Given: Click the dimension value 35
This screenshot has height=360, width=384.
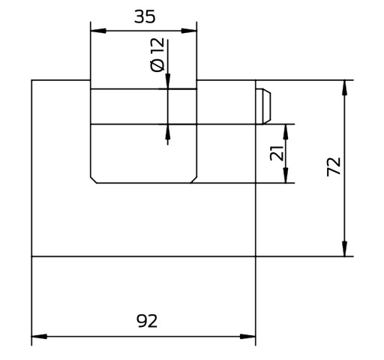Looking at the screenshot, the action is pyautogui.click(x=145, y=17).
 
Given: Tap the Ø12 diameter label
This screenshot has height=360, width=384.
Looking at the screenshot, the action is pyautogui.click(x=157, y=55).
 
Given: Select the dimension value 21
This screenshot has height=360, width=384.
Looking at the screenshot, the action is pyautogui.click(x=277, y=153).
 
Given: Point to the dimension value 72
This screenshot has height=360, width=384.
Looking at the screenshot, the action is pyautogui.click(x=334, y=166).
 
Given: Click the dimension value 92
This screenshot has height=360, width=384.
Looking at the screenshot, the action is pyautogui.click(x=147, y=321).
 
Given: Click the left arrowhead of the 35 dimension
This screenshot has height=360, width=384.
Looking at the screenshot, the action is pyautogui.click(x=98, y=31).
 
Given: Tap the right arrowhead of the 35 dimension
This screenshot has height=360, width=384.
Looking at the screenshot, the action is pyautogui.click(x=189, y=31).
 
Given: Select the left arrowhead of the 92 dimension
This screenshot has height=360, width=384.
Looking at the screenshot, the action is pyautogui.click(x=39, y=336).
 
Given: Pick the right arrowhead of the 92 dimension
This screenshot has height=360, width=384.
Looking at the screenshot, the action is pyautogui.click(x=247, y=336).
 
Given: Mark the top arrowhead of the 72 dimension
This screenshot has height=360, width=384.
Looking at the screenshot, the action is pyautogui.click(x=344, y=88).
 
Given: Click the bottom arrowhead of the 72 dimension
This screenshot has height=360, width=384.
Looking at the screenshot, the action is pyautogui.click(x=344, y=248).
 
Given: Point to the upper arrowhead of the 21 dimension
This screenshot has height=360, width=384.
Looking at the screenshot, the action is pyautogui.click(x=286, y=132).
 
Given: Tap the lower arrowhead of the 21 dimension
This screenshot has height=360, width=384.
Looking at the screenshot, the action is pyautogui.click(x=286, y=175).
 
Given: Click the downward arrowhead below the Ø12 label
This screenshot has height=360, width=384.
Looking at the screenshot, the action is pyautogui.click(x=168, y=81).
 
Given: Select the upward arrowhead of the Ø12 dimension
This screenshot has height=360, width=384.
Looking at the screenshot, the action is pyautogui.click(x=168, y=132).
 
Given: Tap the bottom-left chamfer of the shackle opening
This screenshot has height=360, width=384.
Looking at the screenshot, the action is pyautogui.click(x=94, y=180).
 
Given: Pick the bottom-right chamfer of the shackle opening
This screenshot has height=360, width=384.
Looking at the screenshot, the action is pyautogui.click(x=193, y=180).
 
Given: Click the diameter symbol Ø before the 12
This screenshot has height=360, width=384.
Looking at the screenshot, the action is pyautogui.click(x=157, y=66).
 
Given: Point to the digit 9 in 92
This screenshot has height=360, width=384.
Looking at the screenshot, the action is pyautogui.click(x=142, y=321).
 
